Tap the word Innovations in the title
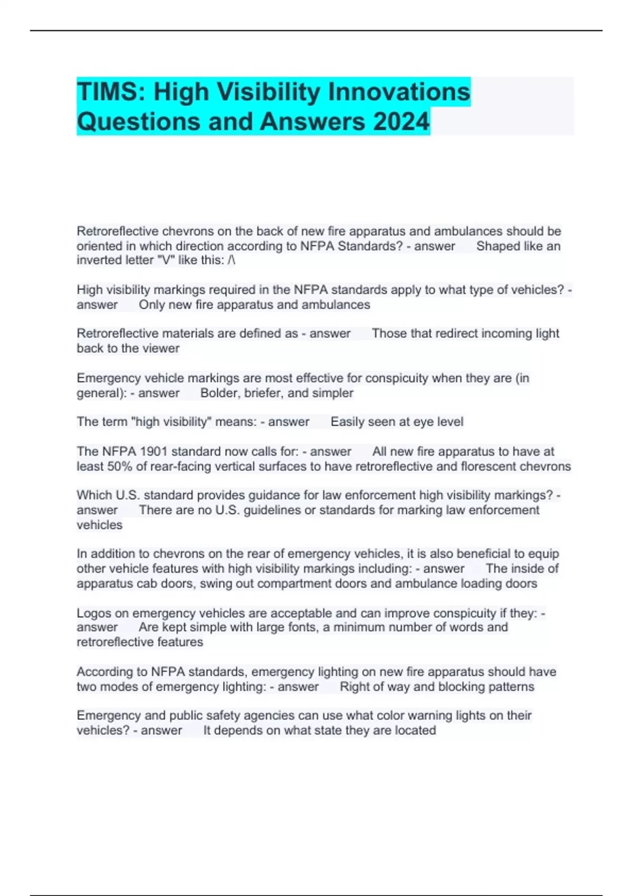point(399,92)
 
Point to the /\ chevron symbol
point(232,260)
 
